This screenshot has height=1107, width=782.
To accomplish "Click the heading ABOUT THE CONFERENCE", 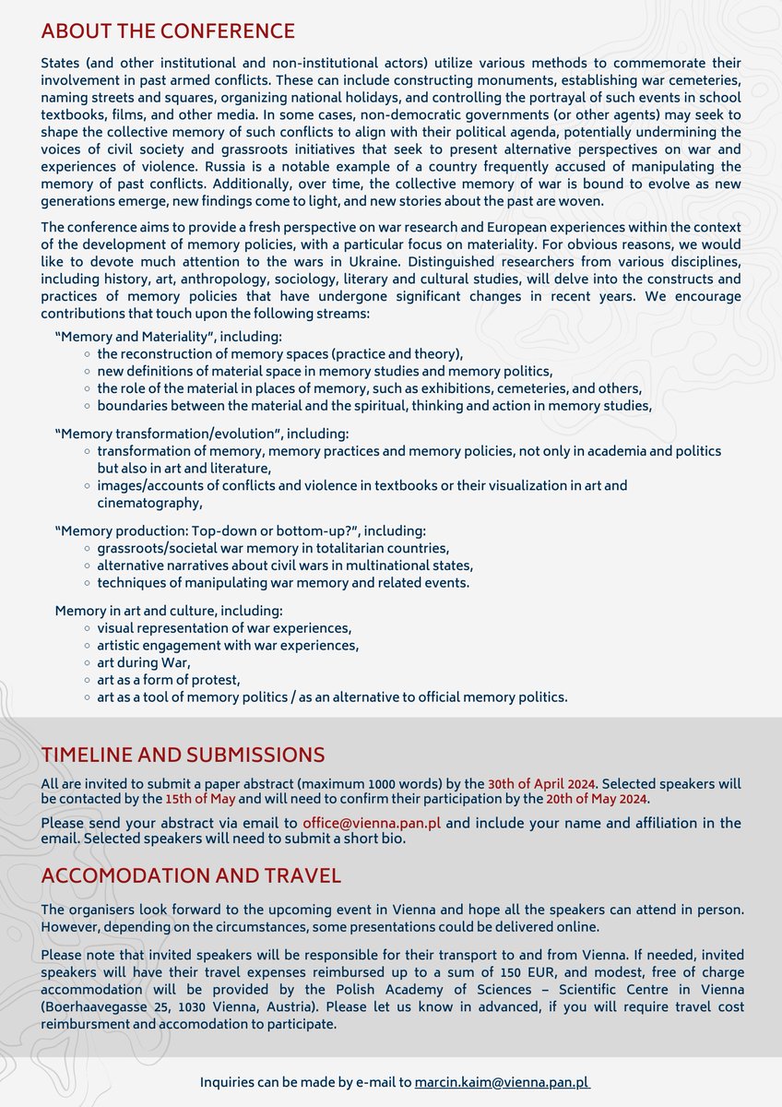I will tap(168, 31).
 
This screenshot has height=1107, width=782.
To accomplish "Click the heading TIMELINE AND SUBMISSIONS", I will tap(183, 755).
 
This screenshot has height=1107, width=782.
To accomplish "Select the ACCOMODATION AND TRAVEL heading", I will tap(191, 875).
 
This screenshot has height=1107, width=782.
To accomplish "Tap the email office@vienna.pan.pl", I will tap(373, 822).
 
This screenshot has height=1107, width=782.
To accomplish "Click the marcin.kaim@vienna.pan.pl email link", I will tap(502, 1081).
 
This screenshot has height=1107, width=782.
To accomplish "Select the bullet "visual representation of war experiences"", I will tap(223, 628).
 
